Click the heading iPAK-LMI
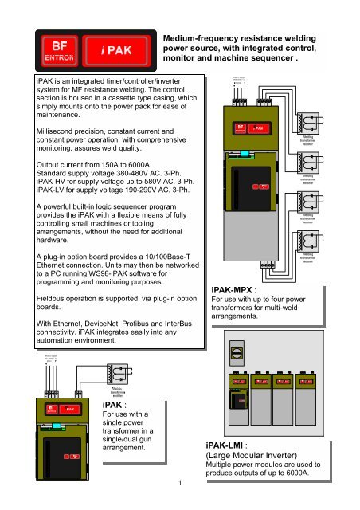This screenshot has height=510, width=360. click(230, 447)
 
